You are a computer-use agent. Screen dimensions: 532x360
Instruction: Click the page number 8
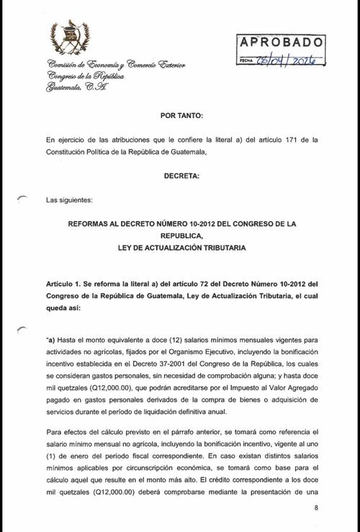315,508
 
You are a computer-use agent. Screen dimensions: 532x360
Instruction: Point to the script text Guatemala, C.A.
76,88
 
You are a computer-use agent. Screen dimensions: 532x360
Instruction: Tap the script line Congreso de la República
84,76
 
